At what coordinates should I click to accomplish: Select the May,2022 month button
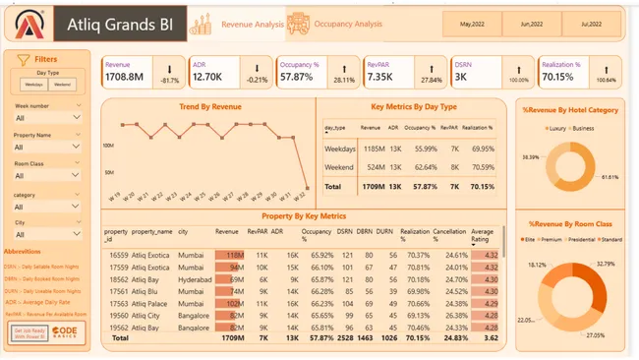tap(472, 23)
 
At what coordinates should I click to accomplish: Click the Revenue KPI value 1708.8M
tap(125, 77)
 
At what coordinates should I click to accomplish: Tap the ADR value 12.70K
tap(207, 77)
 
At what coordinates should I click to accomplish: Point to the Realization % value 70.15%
tap(558, 77)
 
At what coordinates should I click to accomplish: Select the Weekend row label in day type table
tap(340, 167)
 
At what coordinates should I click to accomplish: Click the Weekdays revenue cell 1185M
tap(371, 149)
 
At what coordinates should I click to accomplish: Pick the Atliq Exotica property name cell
tap(152, 255)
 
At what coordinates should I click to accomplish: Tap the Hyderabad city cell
tap(195, 279)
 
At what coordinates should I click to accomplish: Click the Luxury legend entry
tap(558, 129)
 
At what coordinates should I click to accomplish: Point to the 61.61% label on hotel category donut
tap(610, 177)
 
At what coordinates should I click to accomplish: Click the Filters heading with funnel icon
tap(40, 59)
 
